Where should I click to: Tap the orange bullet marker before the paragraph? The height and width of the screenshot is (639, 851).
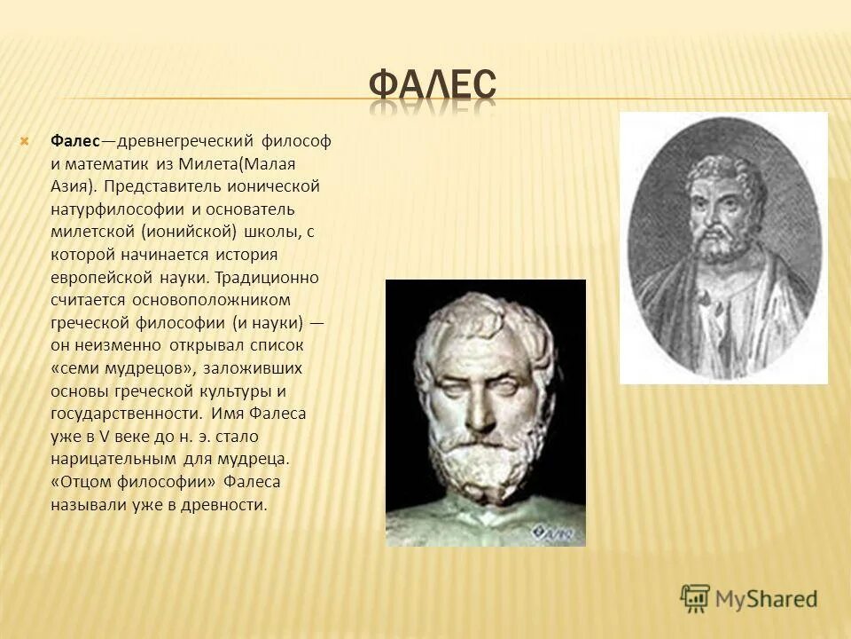coord(26,141)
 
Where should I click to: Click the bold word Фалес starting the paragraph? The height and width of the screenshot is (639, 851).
coord(74,141)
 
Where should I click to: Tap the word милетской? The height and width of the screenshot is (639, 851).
coord(88,232)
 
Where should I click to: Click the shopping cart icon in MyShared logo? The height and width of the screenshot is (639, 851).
coord(695,597)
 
